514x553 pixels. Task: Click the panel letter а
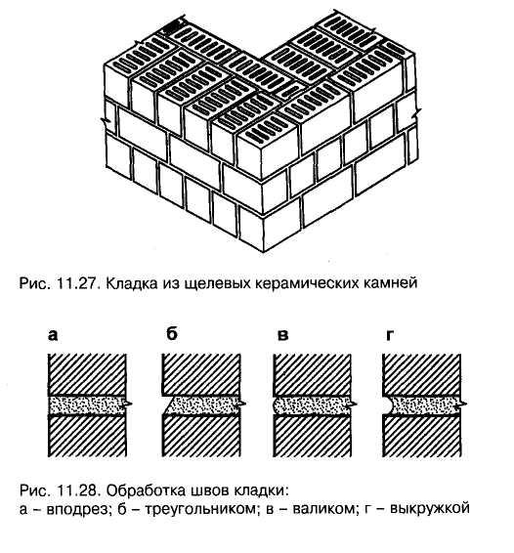point(52,335)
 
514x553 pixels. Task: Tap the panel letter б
point(171,333)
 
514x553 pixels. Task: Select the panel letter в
point(282,335)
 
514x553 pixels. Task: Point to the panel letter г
point(389,335)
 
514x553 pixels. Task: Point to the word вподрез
point(77,509)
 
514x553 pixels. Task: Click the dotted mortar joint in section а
point(87,405)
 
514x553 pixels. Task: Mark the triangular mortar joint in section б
point(202,405)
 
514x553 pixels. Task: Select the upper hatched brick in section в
point(312,374)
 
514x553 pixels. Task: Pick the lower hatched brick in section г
point(421,437)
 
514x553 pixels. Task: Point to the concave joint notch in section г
point(388,405)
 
